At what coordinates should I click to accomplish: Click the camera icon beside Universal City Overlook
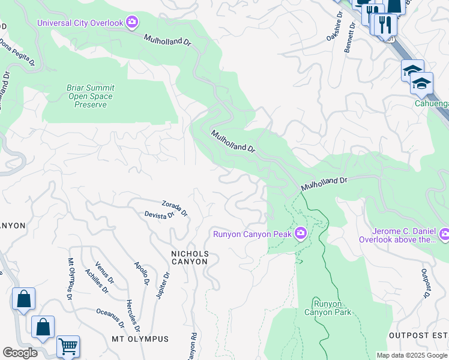click(132, 23)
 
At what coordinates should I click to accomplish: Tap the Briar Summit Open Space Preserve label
click(90, 96)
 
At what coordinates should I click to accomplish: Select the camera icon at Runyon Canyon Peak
click(300, 233)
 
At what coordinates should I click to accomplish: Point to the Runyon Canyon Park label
click(327, 308)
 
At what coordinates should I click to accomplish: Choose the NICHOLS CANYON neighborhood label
click(190, 257)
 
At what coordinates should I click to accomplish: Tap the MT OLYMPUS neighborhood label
click(140, 339)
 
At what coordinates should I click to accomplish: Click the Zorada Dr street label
click(175, 208)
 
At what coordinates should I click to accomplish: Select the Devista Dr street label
click(159, 214)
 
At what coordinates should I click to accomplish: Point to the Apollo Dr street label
click(142, 273)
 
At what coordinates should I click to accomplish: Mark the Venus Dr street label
click(104, 273)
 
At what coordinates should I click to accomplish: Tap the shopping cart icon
click(68, 347)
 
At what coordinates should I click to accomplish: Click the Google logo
click(20, 353)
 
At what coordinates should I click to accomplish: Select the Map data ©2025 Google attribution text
click(411, 355)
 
